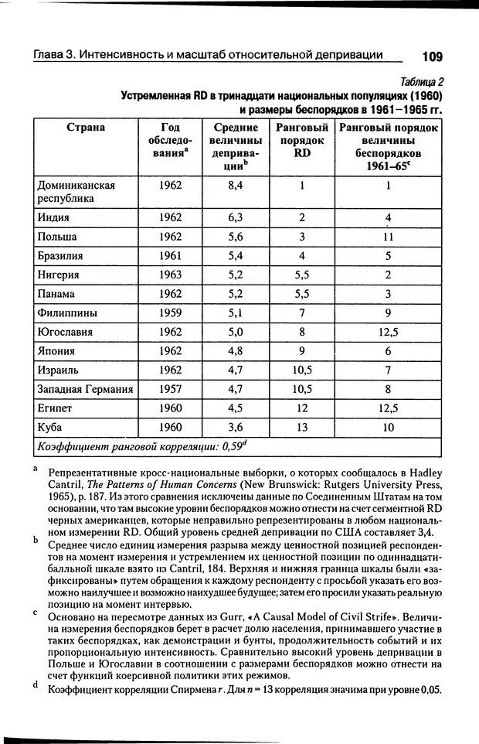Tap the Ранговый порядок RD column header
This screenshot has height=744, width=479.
(x=302, y=140)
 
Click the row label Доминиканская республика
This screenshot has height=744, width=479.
(x=76, y=192)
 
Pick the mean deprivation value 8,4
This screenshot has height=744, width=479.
(x=236, y=186)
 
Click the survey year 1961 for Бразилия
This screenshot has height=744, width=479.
(x=170, y=255)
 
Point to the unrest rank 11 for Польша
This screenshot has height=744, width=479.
(x=389, y=237)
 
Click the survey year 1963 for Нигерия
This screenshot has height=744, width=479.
(x=170, y=275)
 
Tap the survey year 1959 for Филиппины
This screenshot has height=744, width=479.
(x=170, y=312)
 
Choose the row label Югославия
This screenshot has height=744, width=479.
(x=65, y=332)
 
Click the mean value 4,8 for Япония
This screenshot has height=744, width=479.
(x=236, y=351)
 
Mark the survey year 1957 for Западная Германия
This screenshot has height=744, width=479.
(x=170, y=389)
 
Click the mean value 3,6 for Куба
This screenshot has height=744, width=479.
(x=236, y=427)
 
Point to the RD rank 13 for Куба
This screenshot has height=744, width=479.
(x=302, y=427)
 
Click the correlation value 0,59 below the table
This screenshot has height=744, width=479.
(x=233, y=446)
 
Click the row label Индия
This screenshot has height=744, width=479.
(x=54, y=217)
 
